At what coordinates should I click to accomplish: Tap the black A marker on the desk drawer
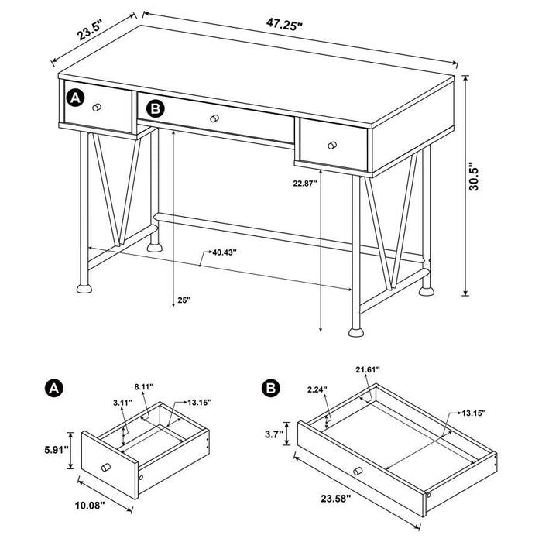pyautogui.click(x=74, y=98)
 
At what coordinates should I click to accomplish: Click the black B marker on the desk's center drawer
pyautogui.click(x=156, y=108)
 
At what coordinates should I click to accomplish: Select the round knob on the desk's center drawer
pyautogui.click(x=214, y=118)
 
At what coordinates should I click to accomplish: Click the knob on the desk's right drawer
pyautogui.click(x=331, y=144)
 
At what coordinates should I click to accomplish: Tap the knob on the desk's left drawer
pyautogui.click(x=96, y=108)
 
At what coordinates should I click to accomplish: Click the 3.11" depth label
pyautogui.click(x=121, y=403)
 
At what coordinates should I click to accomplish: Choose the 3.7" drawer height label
pyautogui.click(x=274, y=434)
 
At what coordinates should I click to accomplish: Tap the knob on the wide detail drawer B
pyautogui.click(x=357, y=470)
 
